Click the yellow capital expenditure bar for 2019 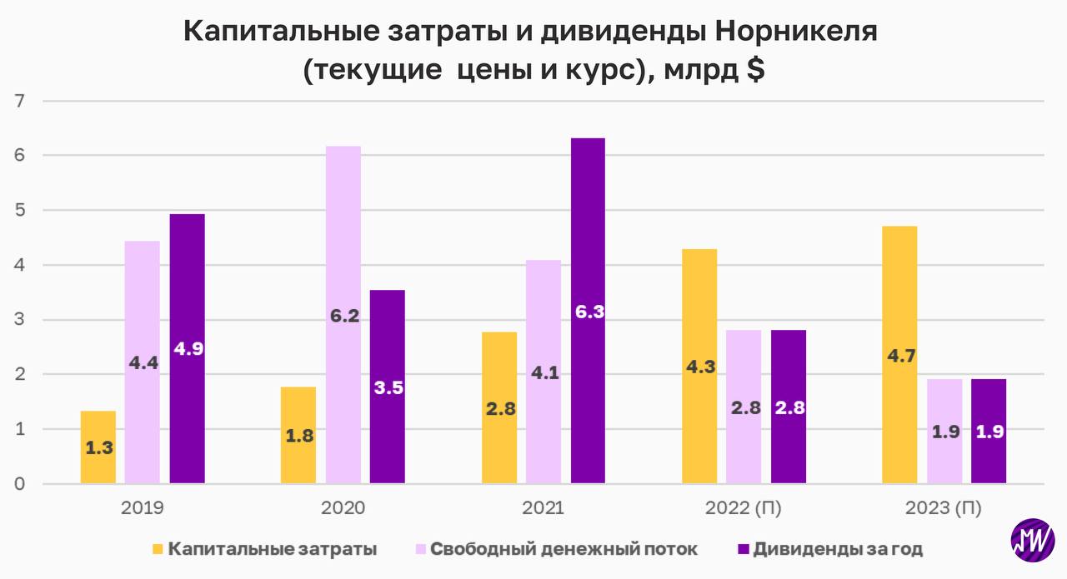click(x=98, y=447)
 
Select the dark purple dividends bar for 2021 click(x=588, y=311)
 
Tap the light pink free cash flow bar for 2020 click(x=343, y=315)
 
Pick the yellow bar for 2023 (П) click(x=899, y=355)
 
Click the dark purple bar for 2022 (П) click(x=788, y=407)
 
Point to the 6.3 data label click(x=589, y=312)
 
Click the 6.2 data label click(x=343, y=316)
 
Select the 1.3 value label click(x=98, y=447)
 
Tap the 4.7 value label click(x=900, y=356)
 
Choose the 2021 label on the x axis click(x=544, y=508)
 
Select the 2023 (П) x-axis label click(x=944, y=508)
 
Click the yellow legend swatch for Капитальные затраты click(x=158, y=549)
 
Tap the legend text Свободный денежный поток click(x=564, y=549)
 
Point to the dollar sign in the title click(x=754, y=70)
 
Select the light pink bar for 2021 click(x=544, y=372)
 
